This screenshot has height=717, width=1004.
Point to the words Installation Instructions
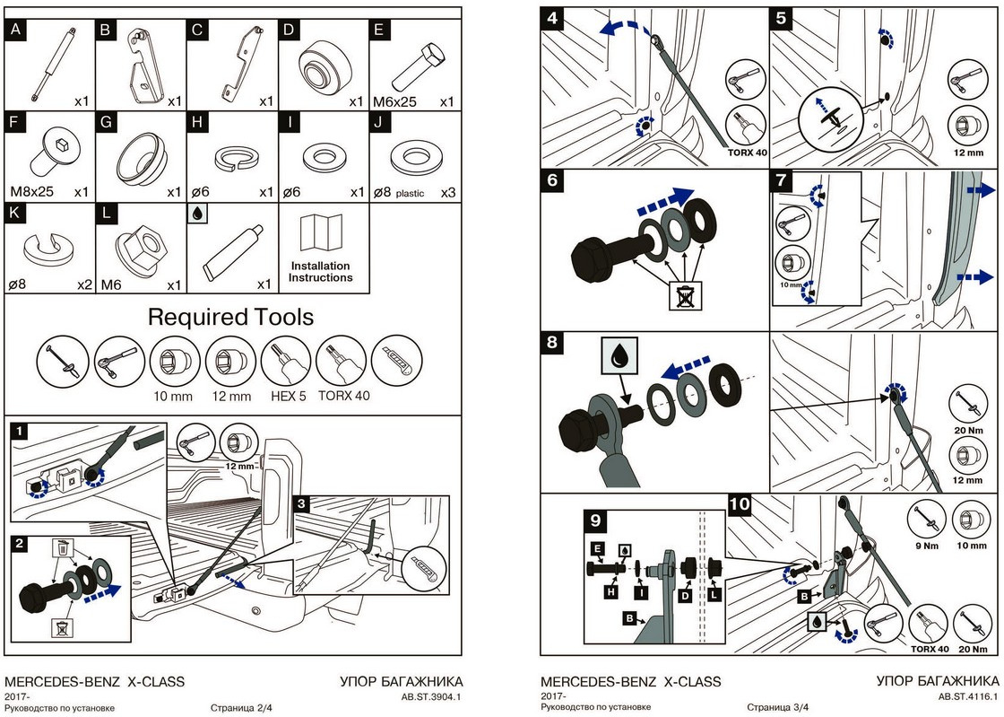320,272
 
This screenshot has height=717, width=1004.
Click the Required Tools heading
230,317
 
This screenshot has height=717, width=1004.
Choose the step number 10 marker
740,504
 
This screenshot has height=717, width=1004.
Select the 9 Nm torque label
924,544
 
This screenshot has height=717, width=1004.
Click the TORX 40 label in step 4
747,153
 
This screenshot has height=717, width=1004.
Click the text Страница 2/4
241,708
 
